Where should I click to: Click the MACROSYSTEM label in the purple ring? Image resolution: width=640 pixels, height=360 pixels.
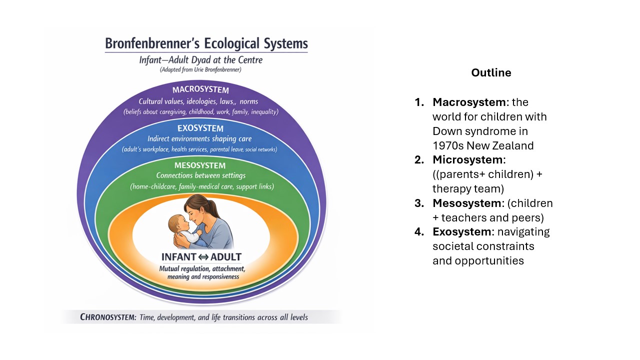200,90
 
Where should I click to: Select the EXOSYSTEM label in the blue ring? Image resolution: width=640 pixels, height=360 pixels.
200,128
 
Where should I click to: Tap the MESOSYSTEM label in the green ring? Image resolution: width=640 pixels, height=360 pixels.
200,165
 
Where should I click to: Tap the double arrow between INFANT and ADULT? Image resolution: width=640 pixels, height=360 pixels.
203,257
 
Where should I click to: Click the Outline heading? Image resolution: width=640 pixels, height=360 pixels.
491,73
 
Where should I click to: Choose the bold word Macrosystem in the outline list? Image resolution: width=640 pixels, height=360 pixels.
469,102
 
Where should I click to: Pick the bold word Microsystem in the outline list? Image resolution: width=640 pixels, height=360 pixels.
468,160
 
